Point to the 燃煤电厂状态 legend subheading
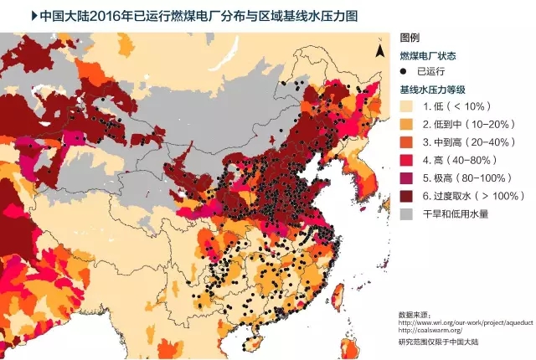(x=427, y=55)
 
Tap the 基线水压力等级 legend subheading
(x=432, y=89)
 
